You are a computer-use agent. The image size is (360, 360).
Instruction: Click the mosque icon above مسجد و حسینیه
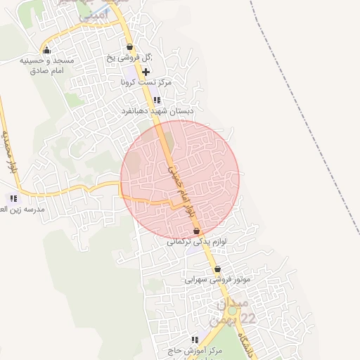click(x=46, y=50)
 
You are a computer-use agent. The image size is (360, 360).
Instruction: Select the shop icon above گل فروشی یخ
click(x=129, y=47)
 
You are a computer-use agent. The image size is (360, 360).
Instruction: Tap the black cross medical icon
click(x=146, y=72)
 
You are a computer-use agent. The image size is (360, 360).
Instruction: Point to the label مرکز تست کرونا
click(x=146, y=82)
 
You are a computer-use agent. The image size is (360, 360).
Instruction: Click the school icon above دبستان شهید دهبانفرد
click(x=157, y=101)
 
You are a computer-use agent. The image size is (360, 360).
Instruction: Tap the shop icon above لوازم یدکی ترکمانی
click(x=196, y=231)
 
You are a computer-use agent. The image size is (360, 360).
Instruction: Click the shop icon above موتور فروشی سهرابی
click(x=217, y=269)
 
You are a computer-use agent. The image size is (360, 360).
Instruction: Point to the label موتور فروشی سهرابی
click(x=217, y=279)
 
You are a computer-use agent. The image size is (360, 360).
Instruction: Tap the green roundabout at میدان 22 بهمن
click(x=232, y=310)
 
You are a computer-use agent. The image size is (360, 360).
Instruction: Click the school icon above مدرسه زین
click(x=13, y=199)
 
